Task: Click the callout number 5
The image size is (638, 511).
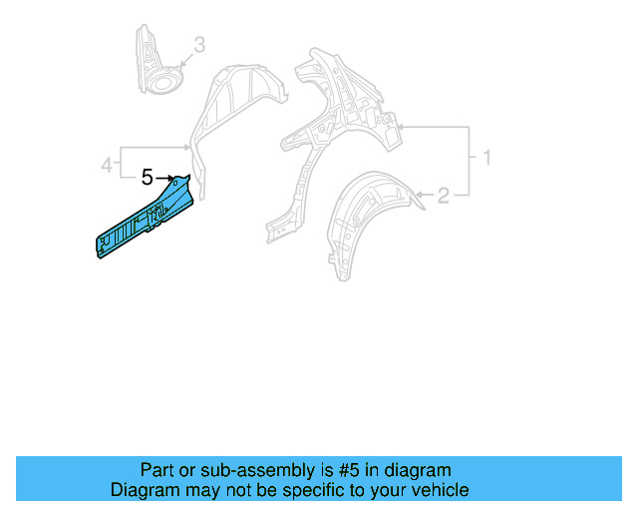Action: [148, 179]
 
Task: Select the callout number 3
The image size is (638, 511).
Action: [198, 45]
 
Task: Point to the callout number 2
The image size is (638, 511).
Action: [443, 197]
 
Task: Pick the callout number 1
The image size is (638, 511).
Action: [486, 158]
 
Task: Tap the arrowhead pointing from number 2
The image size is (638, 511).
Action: [419, 196]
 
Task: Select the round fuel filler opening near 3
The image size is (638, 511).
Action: [162, 77]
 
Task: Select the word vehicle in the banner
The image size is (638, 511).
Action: [438, 490]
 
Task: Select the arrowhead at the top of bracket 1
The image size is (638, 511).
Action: [400, 127]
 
